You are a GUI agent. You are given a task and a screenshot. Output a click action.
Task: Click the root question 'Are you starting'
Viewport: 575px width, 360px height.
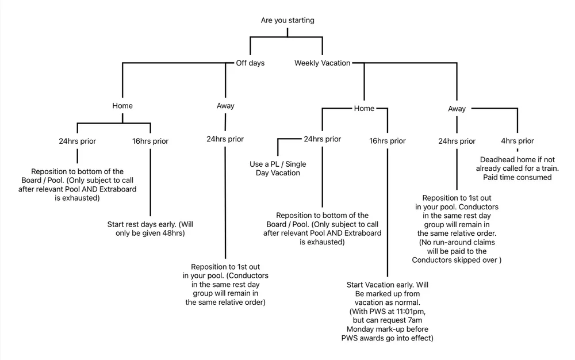[287, 20]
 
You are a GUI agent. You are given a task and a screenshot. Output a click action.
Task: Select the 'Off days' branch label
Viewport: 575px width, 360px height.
[250, 63]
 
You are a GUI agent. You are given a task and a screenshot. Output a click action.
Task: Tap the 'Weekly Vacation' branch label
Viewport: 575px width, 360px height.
[322, 63]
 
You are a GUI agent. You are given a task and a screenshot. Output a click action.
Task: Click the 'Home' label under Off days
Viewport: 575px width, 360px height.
[122, 106]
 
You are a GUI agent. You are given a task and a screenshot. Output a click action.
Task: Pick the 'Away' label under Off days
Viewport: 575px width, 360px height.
[225, 106]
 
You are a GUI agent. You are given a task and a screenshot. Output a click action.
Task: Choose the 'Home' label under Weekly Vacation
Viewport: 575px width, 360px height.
[363, 108]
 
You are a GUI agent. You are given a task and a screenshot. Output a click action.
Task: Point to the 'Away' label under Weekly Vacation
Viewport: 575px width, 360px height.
[457, 108]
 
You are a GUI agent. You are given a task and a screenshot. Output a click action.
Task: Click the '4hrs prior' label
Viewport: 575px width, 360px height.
[517, 141]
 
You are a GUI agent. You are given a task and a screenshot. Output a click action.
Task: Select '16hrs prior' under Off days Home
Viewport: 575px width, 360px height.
[150, 141]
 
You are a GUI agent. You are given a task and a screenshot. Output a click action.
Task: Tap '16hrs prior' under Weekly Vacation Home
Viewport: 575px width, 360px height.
[388, 141]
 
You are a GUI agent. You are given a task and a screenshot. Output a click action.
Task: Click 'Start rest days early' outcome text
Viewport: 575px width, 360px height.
[151, 229]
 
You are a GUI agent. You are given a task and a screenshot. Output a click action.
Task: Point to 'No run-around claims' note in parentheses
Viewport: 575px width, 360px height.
[457, 247]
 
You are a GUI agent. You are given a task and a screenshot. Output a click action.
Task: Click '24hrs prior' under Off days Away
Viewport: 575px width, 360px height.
[225, 139]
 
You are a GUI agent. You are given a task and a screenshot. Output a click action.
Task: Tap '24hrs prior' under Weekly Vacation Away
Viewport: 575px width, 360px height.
[457, 141]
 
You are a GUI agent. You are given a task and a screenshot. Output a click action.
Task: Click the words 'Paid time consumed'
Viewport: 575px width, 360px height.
[517, 178]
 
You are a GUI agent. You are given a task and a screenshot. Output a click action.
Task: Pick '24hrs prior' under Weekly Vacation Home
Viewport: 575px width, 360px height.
[322, 139]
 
